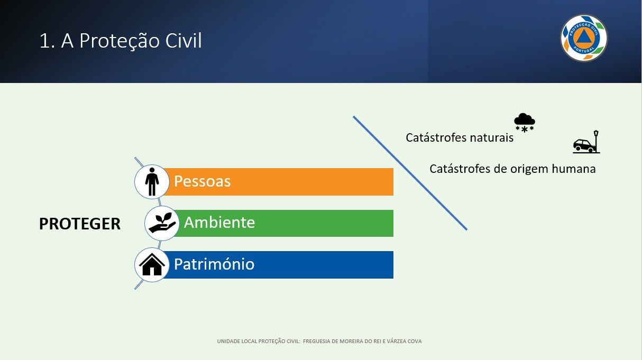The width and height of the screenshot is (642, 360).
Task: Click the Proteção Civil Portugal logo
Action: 584,38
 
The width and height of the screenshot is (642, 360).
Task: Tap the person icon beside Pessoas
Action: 152,181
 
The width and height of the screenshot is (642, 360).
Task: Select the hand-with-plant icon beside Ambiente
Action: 162,223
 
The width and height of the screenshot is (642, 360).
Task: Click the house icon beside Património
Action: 152,264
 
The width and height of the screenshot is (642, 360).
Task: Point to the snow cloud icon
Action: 525,123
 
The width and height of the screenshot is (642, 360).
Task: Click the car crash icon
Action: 586,142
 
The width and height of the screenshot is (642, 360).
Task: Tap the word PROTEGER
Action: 80,224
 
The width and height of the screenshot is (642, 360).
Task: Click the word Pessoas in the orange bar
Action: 203,181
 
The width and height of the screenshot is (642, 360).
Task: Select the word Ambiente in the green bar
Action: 219,223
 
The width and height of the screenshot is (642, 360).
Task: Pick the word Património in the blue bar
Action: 214,264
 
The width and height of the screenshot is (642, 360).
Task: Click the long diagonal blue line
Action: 410,173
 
